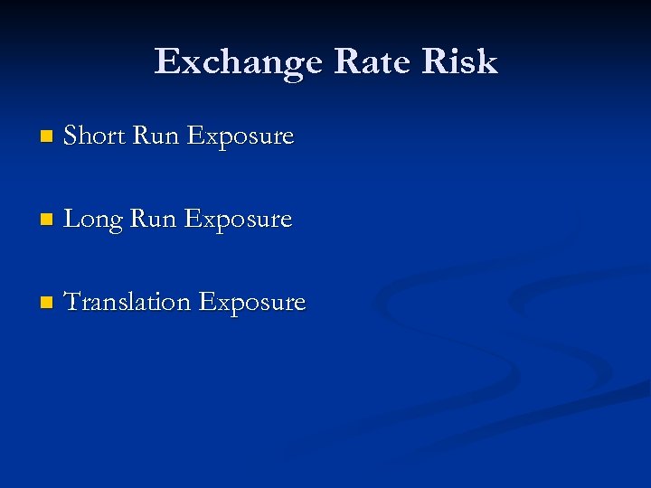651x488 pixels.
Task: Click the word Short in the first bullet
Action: pyautogui.click(x=95, y=136)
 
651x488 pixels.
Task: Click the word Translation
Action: pyautogui.click(x=127, y=303)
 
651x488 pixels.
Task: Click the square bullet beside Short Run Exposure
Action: pyautogui.click(x=47, y=137)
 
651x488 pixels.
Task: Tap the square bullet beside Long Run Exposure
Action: pyautogui.click(x=47, y=221)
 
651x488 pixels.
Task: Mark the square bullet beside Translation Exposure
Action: pyautogui.click(x=47, y=304)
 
